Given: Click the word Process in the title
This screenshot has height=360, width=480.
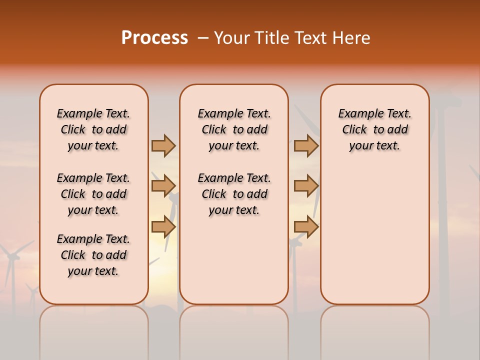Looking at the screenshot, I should (154, 38).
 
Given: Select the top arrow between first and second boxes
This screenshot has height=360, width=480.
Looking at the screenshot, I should (163, 145).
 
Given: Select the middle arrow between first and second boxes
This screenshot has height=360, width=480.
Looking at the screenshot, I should (163, 186).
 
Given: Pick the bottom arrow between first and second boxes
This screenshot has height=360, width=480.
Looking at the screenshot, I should (163, 226).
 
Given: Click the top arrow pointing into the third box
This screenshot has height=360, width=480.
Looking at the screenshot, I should (306, 145).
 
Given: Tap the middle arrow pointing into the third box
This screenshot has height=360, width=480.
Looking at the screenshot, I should (306, 186).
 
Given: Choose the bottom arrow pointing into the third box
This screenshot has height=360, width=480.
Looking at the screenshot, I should (306, 226).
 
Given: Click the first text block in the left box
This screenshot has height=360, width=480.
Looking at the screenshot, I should (93, 129).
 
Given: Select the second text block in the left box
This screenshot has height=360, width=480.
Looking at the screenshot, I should (93, 194).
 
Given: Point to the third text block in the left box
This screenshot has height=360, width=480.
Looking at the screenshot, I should (93, 255).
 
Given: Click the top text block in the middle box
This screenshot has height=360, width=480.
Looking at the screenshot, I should (234, 129).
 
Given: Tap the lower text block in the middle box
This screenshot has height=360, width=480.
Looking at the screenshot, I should (234, 194).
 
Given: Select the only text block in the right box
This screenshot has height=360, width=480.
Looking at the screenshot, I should (374, 129).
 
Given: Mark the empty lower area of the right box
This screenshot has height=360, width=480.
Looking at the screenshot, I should (374, 235).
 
